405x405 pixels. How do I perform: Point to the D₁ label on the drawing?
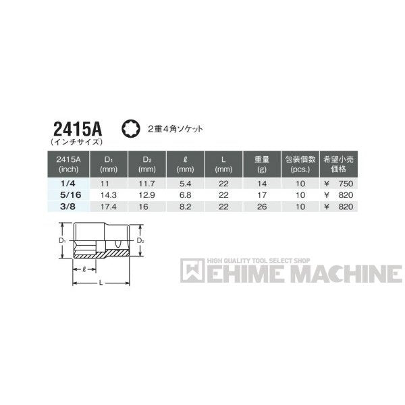click(61, 239)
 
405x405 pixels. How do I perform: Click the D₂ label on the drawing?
click(140, 239)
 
